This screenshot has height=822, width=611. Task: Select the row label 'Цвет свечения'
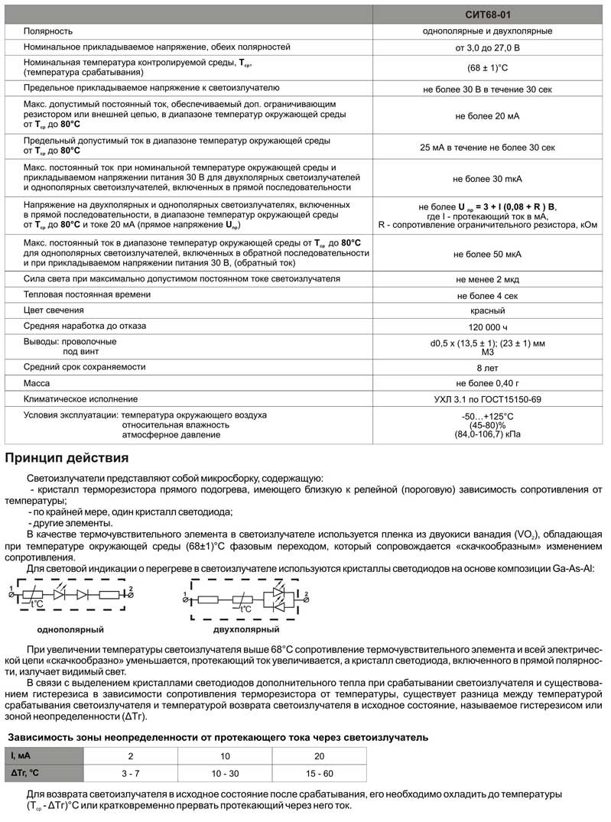(x=54, y=310)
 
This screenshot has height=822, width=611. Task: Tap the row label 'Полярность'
(x=48, y=31)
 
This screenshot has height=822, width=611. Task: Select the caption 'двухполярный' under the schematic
(x=246, y=629)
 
